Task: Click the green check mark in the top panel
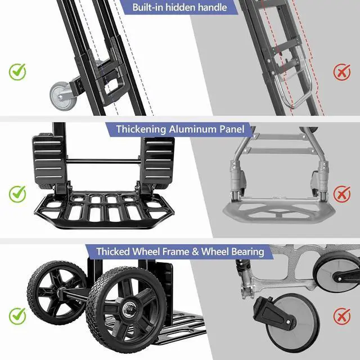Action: (17, 71)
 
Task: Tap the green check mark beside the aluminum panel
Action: (17, 194)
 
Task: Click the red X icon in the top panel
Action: (341, 71)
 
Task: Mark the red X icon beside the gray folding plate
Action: (341, 194)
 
